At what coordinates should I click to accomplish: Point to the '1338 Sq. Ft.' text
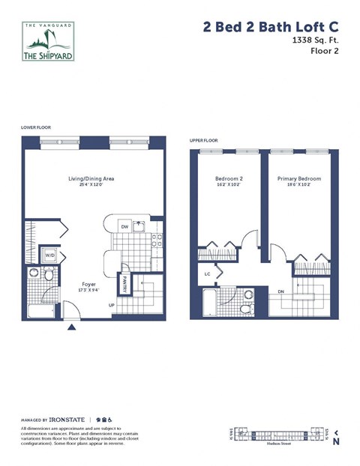coord(313,43)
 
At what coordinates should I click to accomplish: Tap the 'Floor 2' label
coord(323,55)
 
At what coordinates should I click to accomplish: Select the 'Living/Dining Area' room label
coord(92,179)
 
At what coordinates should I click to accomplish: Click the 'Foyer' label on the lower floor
coord(89,285)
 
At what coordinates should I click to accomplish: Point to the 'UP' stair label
coord(112,305)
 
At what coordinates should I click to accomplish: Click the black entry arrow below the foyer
coord(72,327)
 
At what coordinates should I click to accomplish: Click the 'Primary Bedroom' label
coord(298,179)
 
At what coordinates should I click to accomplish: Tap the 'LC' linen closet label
coord(208,274)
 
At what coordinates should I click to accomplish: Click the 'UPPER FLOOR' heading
coord(203,140)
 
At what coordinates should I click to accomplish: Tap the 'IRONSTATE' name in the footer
coord(66,420)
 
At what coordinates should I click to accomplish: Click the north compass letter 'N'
coord(336,442)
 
